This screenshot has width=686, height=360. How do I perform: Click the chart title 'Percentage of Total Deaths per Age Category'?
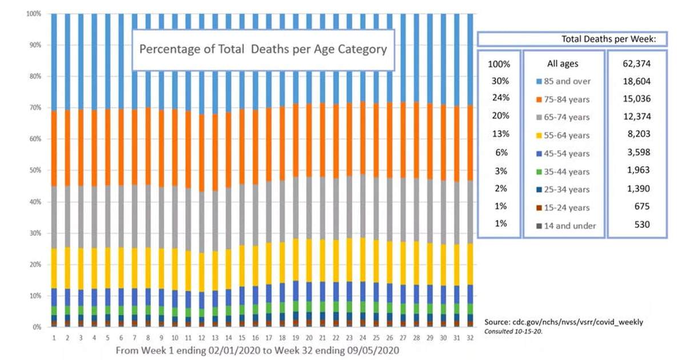(263, 49)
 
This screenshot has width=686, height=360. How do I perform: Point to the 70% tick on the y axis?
(35, 107)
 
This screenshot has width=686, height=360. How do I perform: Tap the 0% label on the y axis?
(37, 327)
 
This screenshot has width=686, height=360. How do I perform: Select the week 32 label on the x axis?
(470, 338)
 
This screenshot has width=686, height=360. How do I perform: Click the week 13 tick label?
(215, 338)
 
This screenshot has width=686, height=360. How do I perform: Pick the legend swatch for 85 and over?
(539, 81)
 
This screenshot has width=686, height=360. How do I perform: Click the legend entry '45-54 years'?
(563, 154)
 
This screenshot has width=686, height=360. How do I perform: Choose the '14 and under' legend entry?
(566, 226)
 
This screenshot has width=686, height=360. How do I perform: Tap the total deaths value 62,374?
(636, 63)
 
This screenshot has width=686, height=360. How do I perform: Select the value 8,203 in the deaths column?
(639, 134)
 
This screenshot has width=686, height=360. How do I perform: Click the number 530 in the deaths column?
(642, 225)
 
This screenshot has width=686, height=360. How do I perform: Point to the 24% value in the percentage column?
(501, 98)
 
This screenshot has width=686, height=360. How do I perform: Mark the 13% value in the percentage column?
(501, 134)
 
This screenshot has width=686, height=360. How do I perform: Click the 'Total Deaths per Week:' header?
(609, 39)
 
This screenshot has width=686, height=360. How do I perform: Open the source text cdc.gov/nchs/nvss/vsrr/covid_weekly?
(564, 322)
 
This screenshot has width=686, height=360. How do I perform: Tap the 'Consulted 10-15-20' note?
(513, 331)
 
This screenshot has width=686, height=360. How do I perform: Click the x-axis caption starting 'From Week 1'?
(257, 350)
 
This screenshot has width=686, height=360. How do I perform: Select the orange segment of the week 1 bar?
(54, 149)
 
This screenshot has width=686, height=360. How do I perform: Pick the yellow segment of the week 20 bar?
(309, 261)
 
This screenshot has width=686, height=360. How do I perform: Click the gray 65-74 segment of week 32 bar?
(470, 212)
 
